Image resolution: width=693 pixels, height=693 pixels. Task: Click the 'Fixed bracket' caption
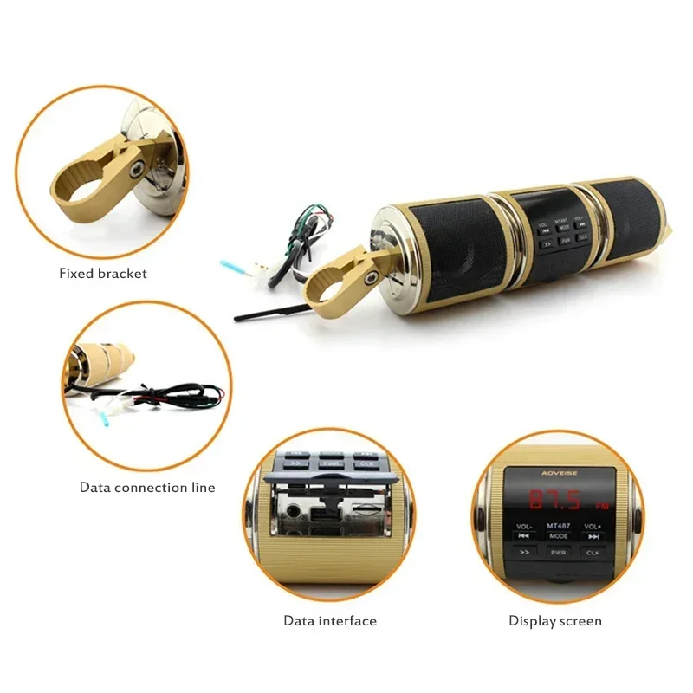point(103,274)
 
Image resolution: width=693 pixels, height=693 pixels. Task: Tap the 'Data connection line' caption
point(147,488)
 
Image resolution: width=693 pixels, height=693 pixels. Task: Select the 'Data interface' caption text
point(330,621)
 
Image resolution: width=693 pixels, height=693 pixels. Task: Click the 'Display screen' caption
point(554,621)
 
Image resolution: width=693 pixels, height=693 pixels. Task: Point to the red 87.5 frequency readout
point(547,500)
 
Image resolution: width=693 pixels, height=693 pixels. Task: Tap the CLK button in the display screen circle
point(593,552)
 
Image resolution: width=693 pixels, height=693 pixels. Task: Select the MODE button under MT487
point(558,536)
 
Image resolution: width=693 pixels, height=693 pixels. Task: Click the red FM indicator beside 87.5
point(601,506)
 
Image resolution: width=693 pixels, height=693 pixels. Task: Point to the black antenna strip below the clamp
point(269,311)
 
